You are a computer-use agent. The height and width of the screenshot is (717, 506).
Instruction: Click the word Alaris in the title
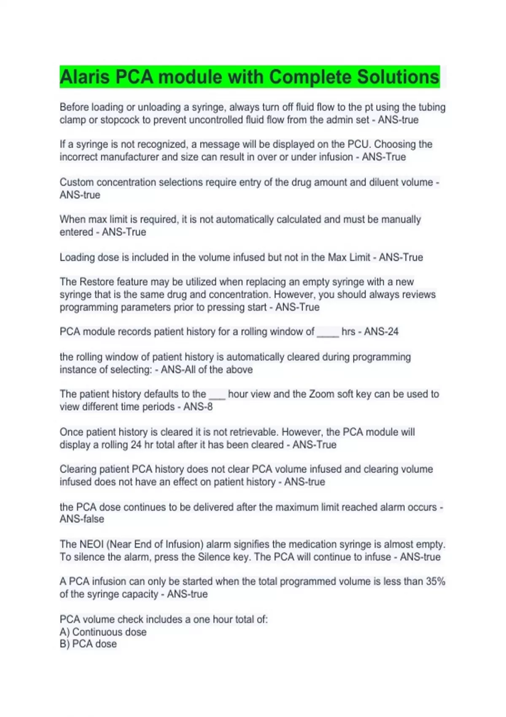(x=85, y=77)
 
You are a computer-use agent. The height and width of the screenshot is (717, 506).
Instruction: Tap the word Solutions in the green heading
(x=398, y=77)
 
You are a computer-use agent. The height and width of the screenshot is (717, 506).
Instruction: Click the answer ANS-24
(x=381, y=332)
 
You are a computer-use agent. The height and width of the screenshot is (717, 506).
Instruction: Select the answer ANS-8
(x=198, y=407)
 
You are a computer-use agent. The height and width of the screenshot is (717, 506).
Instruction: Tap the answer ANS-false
(x=82, y=519)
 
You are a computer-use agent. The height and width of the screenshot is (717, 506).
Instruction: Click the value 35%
(x=436, y=581)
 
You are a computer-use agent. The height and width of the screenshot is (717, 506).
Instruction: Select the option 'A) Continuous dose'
(x=103, y=632)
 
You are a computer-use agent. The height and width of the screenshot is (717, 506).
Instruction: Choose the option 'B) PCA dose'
(x=88, y=644)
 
